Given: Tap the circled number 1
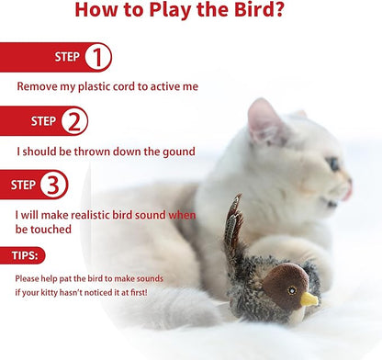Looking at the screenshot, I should coord(97,58).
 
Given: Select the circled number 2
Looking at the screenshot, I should coord(75,120).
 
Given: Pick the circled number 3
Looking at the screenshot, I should coord(54,185).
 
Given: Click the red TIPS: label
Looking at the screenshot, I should coord(25,255).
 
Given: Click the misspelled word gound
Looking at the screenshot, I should coord(200,151).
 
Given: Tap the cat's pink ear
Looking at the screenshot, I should coord(263,119).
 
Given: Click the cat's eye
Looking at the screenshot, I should coord(333,164).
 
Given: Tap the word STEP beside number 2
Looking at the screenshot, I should coord(43,120).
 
